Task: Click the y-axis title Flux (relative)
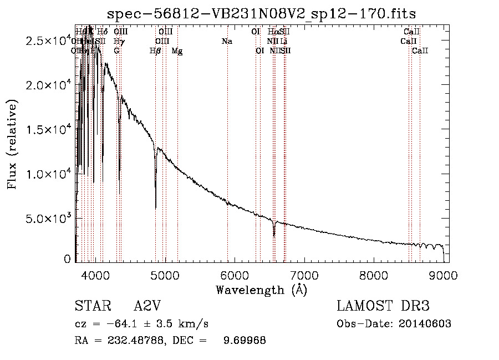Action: click(12, 144)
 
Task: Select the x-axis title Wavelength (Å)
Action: click(262, 290)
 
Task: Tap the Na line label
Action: click(226, 42)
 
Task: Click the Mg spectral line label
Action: click(177, 51)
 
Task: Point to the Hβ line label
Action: click(155, 51)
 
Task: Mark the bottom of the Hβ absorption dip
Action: click(155, 207)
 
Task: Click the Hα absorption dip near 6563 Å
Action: click(274, 235)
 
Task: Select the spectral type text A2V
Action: click(147, 306)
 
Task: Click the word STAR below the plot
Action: click(91, 306)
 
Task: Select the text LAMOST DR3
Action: click(383, 306)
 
